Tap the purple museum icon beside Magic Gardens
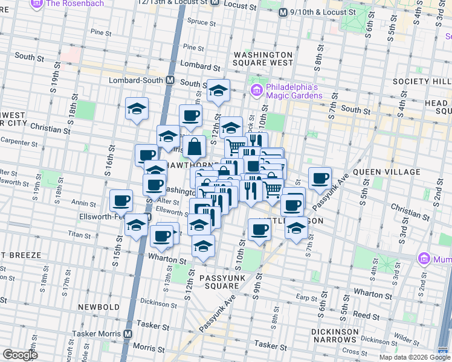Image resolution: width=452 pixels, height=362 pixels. (256, 91)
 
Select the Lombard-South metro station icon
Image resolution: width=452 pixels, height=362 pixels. (170, 80)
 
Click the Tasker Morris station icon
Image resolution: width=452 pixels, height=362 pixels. (128, 334)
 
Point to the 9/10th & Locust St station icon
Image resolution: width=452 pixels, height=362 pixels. (282, 12)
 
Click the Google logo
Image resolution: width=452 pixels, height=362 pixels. (20, 355)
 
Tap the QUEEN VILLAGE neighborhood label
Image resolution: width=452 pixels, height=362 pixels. (386, 172)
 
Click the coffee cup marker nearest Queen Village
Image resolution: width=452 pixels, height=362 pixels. (320, 178)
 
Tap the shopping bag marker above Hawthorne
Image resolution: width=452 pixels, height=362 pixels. (195, 147)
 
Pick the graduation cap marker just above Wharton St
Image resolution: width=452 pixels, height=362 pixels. (204, 246)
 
